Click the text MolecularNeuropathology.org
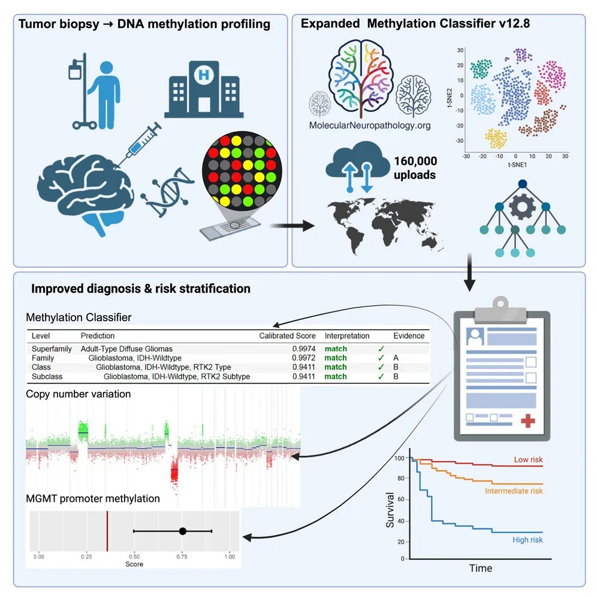pyautogui.click(x=369, y=126)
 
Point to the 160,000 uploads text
pyautogui.click(x=415, y=167)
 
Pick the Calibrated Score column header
pyautogui.click(x=287, y=336)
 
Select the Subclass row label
pyautogui.click(x=46, y=376)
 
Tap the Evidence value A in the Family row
pyautogui.click(x=396, y=358)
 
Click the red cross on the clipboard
pyautogui.click(x=527, y=421)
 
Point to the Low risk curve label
pyautogui.click(x=528, y=460)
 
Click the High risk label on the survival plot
pyautogui.click(x=527, y=540)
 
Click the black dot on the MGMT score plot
pyautogui.click(x=183, y=531)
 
